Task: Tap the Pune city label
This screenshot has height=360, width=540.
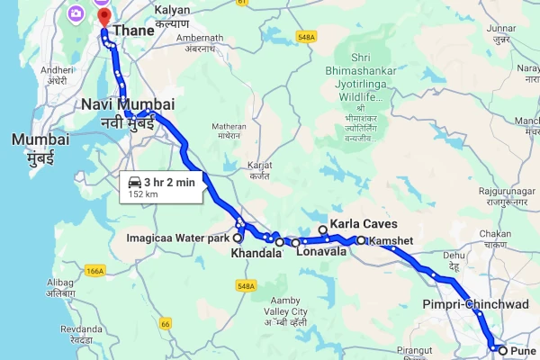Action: (522, 350)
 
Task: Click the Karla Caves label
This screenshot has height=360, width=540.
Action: (364, 224)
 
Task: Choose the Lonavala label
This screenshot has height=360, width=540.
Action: (322, 254)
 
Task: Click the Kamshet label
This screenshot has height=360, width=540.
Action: (389, 240)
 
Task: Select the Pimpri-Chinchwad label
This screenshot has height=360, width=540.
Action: (475, 304)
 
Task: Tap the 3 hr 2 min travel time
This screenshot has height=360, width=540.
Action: (170, 182)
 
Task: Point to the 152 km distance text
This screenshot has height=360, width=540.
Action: (144, 193)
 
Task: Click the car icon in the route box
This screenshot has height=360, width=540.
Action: (134, 182)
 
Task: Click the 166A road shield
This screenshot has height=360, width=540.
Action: (94, 270)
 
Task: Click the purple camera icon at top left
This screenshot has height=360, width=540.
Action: (76, 13)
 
